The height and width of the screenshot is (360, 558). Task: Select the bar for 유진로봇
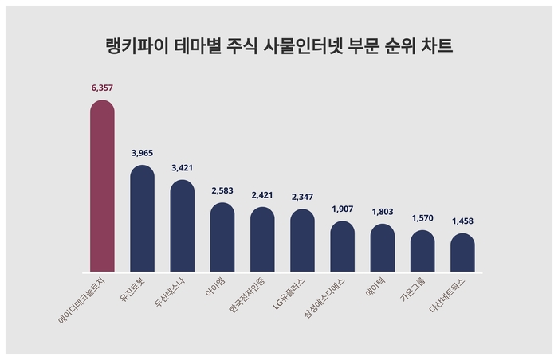tap(142, 218)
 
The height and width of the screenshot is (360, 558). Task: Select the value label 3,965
tap(142, 152)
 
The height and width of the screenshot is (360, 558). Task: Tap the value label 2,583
tap(222, 190)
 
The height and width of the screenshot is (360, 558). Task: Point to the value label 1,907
tap(342, 209)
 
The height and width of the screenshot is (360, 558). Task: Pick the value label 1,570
tap(422, 217)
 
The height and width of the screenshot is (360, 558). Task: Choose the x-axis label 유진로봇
tap(132, 288)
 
